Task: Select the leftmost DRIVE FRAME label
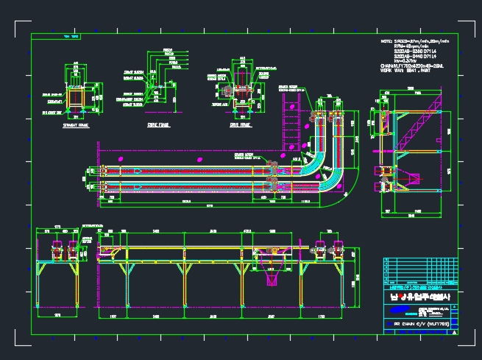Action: (x=158, y=125)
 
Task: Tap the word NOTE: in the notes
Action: (x=387, y=41)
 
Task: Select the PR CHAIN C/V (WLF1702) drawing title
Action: (x=417, y=323)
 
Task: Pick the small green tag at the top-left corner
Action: (x=72, y=35)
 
